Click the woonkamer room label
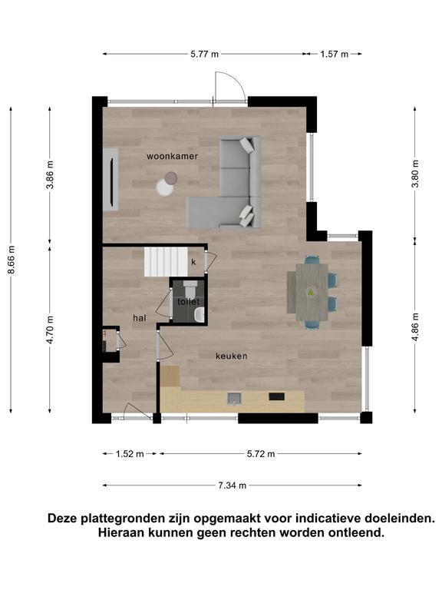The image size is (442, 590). click(x=172, y=156)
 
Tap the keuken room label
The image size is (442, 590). click(x=232, y=356)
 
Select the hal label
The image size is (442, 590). click(x=140, y=318)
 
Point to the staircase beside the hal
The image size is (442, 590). click(x=166, y=261)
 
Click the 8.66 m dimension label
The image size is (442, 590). click(x=12, y=260)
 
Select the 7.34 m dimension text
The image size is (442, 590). click(x=233, y=486)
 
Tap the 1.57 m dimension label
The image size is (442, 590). click(x=334, y=55)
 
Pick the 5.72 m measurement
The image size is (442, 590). click(x=261, y=454)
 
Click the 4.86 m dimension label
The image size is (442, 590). click(x=415, y=327)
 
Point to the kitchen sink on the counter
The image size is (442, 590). click(x=235, y=398)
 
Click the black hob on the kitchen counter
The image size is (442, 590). click(x=276, y=396)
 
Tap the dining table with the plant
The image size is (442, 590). click(x=312, y=292)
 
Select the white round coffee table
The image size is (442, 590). click(x=165, y=187)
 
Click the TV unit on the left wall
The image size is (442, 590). click(x=110, y=179)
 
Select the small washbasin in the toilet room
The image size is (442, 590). click(x=200, y=314)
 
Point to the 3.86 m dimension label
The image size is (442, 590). click(x=50, y=175)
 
